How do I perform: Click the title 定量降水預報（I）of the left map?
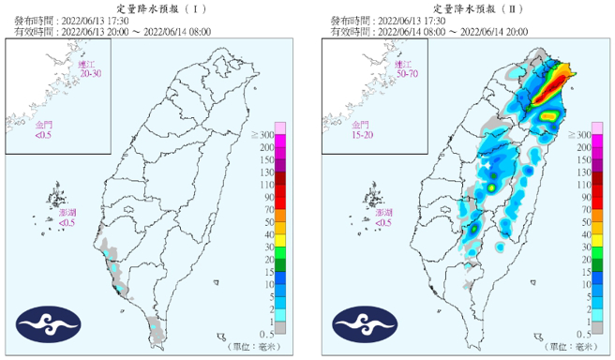(155, 7)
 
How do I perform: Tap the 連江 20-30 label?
(90, 67)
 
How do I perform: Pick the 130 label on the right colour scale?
(582, 173)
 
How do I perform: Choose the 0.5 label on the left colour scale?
(266, 334)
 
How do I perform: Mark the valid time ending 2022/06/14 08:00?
(112, 30)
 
